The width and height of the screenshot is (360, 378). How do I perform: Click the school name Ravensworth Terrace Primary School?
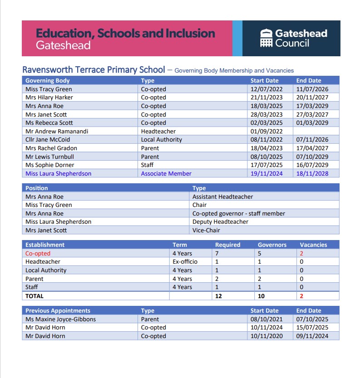[x=94, y=70]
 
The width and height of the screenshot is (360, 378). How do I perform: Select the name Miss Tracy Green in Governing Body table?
[x=49, y=89]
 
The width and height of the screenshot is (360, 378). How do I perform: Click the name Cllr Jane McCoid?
[x=48, y=140]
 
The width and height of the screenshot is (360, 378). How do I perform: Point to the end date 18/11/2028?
[x=312, y=173]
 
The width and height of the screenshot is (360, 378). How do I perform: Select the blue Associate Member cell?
[x=166, y=173]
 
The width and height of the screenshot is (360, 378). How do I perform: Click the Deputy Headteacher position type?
[x=220, y=222]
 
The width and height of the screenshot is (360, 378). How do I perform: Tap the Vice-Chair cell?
[x=206, y=230]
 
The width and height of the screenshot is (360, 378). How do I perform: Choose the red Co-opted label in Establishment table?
[x=38, y=254]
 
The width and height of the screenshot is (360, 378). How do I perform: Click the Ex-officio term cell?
[x=185, y=262]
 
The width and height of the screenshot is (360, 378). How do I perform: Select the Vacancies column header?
[x=313, y=245]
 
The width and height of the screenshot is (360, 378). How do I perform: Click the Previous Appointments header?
[x=58, y=311]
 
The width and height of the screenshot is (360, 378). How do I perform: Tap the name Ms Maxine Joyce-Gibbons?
[x=60, y=319]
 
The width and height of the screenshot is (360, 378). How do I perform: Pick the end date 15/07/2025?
[x=312, y=328]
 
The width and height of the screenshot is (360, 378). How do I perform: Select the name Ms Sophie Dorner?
[x=49, y=165]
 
